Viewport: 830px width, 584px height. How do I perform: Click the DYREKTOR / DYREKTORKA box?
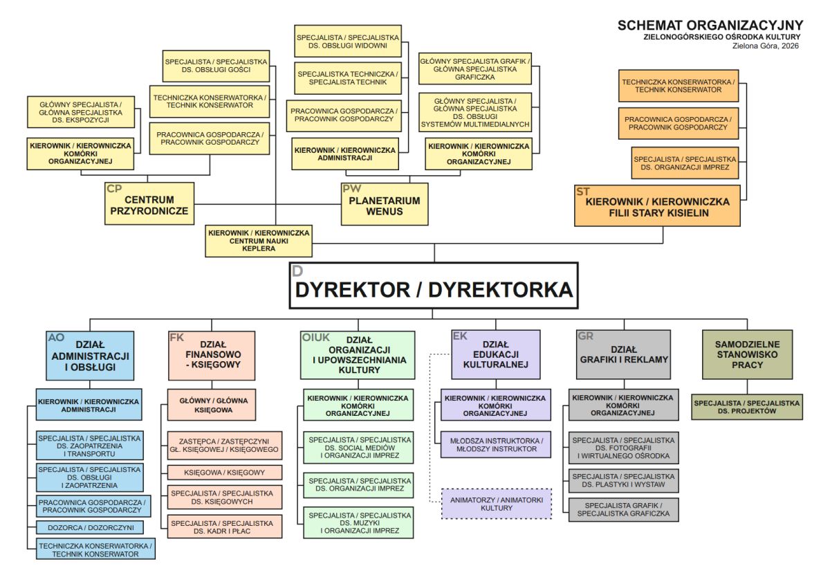434,285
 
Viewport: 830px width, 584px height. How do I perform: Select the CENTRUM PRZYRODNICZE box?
150,205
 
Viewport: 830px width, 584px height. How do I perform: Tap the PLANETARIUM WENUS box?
384,205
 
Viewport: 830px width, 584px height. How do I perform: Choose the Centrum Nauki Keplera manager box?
259,241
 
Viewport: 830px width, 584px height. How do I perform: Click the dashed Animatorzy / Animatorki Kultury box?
497,503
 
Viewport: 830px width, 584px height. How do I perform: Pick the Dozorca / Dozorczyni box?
91,527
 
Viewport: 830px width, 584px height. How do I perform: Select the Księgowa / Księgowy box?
225,473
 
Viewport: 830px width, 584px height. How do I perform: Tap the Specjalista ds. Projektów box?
747,406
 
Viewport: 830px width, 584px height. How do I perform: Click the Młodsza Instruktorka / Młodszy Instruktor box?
497,444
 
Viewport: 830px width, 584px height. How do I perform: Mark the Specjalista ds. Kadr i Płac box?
225,527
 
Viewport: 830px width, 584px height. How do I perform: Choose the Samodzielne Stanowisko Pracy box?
747,354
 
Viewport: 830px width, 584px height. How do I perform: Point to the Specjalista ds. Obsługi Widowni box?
347,41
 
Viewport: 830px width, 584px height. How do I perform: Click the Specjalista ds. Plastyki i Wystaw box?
623,481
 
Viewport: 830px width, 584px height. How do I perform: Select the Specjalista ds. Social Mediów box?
359,448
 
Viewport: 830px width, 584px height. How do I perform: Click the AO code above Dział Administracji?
56,338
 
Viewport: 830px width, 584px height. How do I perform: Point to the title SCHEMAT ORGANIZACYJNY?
710,26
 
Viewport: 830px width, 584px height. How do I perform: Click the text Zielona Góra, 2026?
765,46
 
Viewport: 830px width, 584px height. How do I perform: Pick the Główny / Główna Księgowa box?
214,405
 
